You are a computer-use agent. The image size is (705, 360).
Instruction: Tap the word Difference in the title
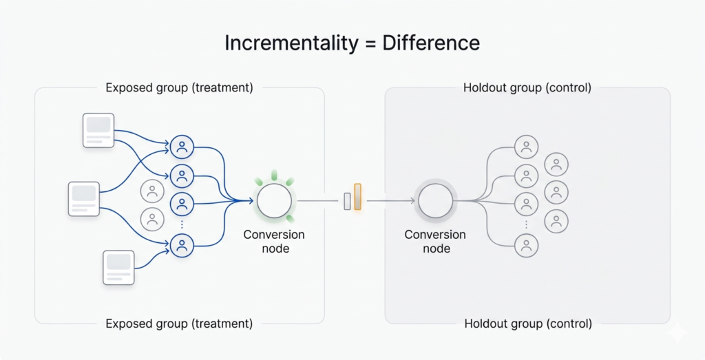click(x=431, y=43)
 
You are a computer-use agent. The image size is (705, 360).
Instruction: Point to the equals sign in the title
click(x=371, y=43)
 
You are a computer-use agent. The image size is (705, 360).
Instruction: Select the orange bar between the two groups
click(x=357, y=196)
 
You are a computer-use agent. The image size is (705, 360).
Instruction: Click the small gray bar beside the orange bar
click(x=348, y=200)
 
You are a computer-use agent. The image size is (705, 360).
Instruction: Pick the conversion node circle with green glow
click(x=275, y=201)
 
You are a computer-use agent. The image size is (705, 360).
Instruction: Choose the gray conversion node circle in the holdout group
click(x=435, y=201)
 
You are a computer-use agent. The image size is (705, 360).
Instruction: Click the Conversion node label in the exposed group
click(x=274, y=242)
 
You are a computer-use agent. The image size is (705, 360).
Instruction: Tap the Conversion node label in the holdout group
click(x=435, y=242)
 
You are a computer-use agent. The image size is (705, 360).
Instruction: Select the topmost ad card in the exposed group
click(x=98, y=131)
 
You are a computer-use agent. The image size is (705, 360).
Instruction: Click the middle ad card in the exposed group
click(x=84, y=199)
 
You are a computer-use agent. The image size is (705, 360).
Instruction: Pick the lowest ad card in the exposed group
click(x=118, y=267)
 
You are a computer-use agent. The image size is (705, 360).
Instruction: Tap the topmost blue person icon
click(x=182, y=146)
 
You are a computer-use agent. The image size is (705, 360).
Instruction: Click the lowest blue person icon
click(x=182, y=246)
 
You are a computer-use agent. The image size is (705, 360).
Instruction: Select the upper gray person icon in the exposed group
click(x=152, y=191)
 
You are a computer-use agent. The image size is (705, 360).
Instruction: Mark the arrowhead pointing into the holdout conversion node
click(x=412, y=201)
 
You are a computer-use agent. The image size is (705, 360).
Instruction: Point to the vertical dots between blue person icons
click(x=182, y=224)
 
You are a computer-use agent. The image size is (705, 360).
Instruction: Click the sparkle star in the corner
click(x=677, y=332)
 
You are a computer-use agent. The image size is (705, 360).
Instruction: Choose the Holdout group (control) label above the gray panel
click(x=527, y=88)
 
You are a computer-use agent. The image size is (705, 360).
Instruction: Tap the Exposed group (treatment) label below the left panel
click(x=179, y=324)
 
